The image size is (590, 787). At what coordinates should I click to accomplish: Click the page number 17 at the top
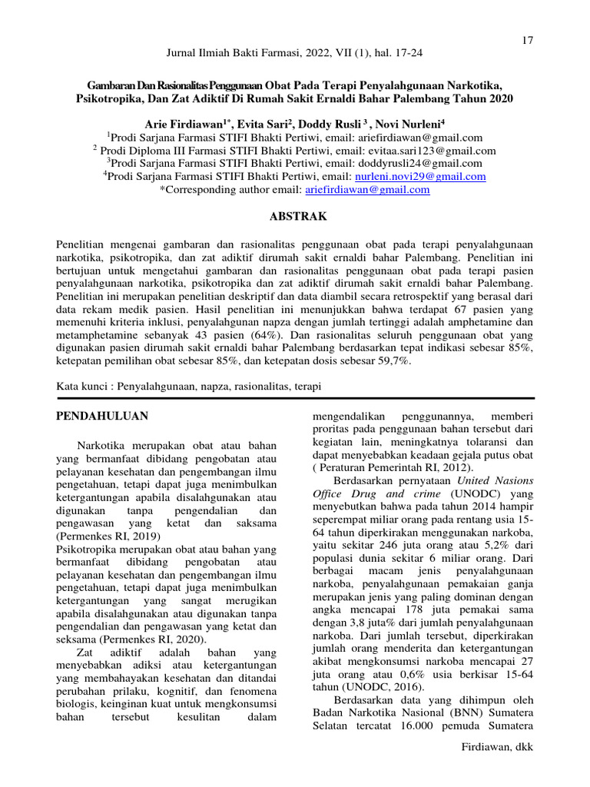point(527,40)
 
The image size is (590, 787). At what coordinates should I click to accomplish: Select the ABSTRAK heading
point(295,217)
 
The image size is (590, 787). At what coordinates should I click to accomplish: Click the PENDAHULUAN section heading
point(103,416)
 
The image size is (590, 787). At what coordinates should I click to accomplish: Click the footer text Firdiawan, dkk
point(496,747)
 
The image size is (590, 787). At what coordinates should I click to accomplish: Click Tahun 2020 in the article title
point(481,99)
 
